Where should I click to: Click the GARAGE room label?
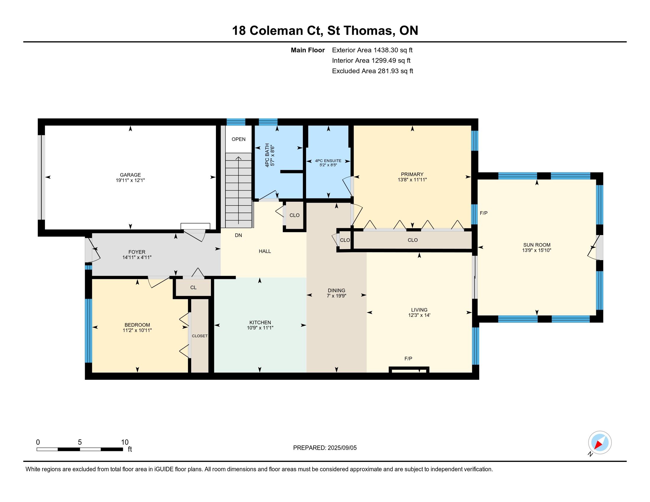(x=130, y=175)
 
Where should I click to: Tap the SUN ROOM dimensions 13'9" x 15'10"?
(x=537, y=250)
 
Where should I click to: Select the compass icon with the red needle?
(x=600, y=442)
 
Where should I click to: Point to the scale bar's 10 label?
(x=125, y=442)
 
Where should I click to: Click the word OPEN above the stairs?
(x=239, y=139)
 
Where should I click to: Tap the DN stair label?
(x=238, y=235)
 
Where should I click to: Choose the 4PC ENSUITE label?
(x=328, y=161)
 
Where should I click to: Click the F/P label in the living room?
(x=408, y=359)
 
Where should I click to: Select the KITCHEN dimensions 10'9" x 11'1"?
(x=260, y=328)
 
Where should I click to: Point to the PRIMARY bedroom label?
(x=412, y=174)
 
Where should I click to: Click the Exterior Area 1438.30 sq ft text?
(x=372, y=50)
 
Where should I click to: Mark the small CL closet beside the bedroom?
(x=194, y=288)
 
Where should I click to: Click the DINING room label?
(x=337, y=291)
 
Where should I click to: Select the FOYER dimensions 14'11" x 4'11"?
(x=137, y=257)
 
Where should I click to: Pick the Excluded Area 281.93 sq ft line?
(x=373, y=71)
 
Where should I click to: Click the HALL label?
(x=265, y=251)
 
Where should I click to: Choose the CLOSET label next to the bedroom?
(x=200, y=336)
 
